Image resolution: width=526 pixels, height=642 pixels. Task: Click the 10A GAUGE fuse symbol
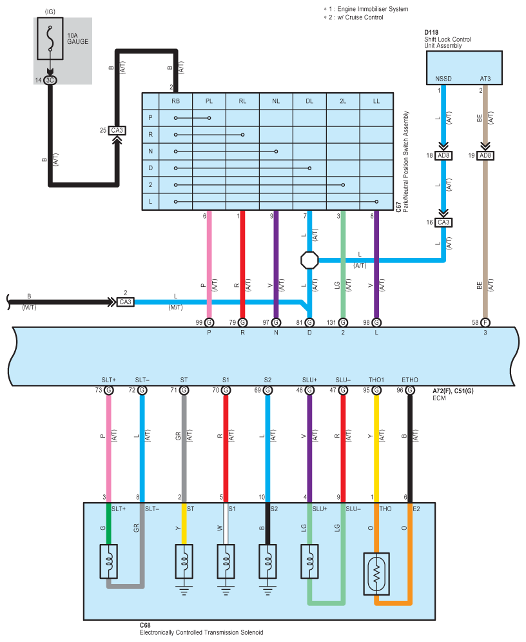(50, 39)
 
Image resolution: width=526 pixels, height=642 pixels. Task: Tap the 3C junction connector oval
(50, 80)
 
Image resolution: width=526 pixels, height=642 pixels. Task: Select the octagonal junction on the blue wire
(309, 260)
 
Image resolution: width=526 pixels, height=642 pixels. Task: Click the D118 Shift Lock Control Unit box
(464, 68)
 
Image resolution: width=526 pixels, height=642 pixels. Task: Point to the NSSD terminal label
(443, 79)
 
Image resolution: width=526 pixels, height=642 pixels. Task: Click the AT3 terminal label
(485, 79)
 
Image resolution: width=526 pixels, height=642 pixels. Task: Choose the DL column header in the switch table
(309, 101)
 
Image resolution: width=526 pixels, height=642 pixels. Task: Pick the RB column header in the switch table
(175, 101)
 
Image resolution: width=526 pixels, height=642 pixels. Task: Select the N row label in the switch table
(151, 151)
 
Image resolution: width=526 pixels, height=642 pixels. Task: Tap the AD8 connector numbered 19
(485, 155)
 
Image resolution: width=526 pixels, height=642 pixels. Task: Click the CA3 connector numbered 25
(117, 131)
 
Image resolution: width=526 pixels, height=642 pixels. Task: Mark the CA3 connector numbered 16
(443, 223)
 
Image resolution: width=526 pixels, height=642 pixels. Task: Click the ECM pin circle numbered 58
(485, 323)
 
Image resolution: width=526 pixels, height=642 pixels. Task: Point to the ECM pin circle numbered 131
(343, 323)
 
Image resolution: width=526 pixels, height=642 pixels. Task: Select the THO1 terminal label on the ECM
(376, 380)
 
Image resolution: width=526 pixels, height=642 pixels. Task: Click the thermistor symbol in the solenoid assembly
(376, 574)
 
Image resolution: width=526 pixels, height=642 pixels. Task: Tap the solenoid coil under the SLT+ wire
(109, 561)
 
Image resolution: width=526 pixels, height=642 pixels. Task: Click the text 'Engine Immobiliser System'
(373, 9)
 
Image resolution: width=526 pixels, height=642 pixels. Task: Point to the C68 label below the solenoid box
(145, 625)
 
